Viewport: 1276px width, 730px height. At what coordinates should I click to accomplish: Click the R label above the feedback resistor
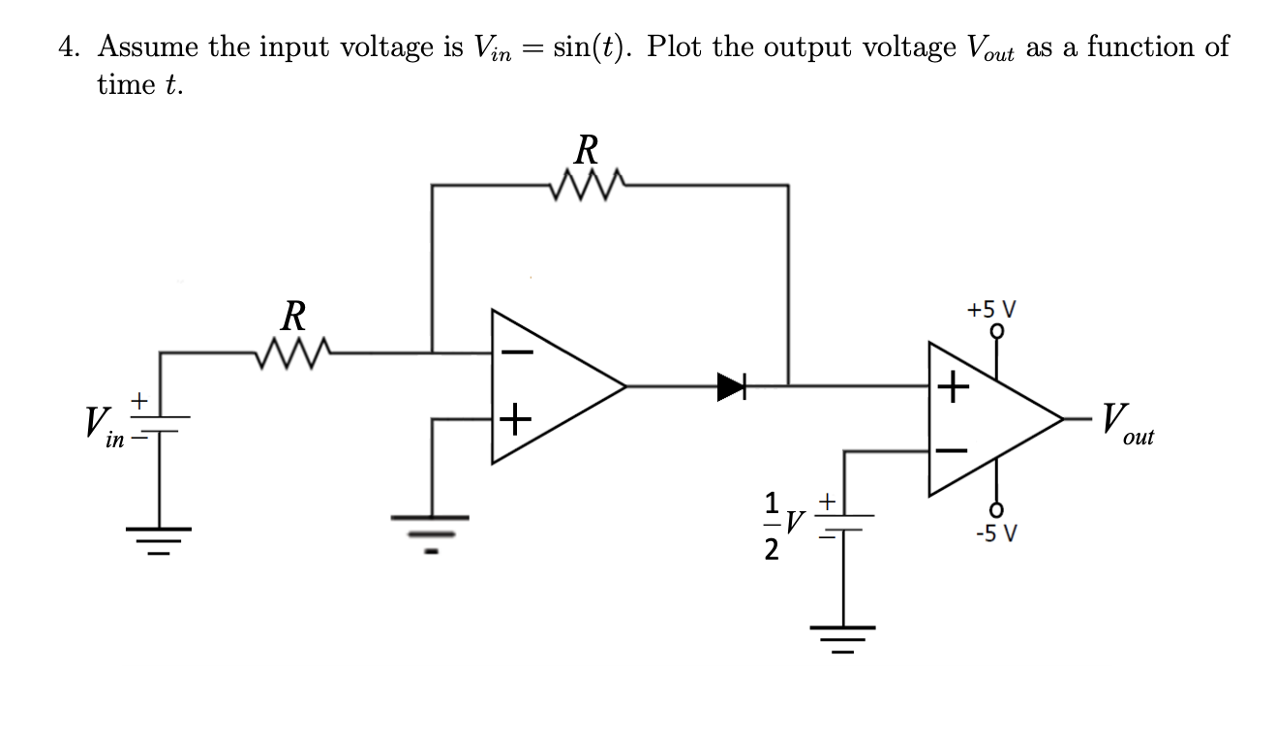tap(586, 150)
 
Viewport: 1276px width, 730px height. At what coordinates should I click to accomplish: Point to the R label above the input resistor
tap(292, 317)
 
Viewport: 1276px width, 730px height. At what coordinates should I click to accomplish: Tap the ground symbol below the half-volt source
tap(841, 639)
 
